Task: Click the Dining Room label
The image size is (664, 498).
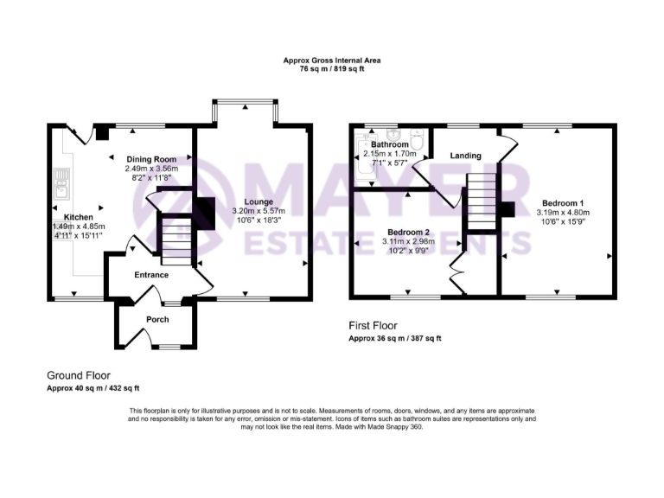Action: [151, 159]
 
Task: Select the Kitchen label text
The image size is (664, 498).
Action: [80, 216]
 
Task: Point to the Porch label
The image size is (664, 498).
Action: [157, 320]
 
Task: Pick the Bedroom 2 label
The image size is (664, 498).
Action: [409, 232]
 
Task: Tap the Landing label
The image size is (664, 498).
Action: [465, 156]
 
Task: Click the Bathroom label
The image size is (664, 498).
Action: [390, 144]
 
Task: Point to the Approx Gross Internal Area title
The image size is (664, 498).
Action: [332, 61]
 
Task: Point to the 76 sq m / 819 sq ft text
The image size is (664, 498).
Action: [332, 69]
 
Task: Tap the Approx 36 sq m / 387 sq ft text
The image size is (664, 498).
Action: [394, 339]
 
